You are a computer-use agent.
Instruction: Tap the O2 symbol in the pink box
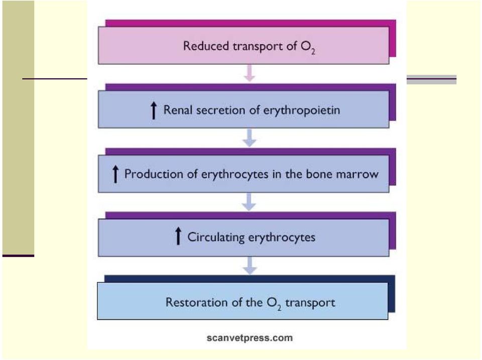pyautogui.click(x=308, y=47)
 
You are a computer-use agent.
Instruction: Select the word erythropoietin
pyautogui.click(x=302, y=110)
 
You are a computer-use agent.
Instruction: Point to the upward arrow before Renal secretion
pyautogui.click(x=154, y=110)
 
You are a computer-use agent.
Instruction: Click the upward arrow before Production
pyautogui.click(x=115, y=174)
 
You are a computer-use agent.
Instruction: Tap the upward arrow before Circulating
pyautogui.click(x=178, y=236)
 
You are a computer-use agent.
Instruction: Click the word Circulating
pyautogui.click(x=216, y=237)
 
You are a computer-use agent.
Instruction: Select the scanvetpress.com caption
pyautogui.click(x=250, y=338)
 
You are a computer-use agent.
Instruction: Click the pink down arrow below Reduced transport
pyautogui.click(x=250, y=73)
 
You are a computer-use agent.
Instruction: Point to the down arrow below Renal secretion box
pyautogui.click(x=250, y=138)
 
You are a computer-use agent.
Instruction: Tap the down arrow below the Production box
pyautogui.click(x=250, y=202)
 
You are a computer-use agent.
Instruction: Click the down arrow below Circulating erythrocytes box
pyautogui.click(x=250, y=265)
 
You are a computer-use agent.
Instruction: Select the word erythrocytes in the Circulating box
pyautogui.click(x=282, y=237)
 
